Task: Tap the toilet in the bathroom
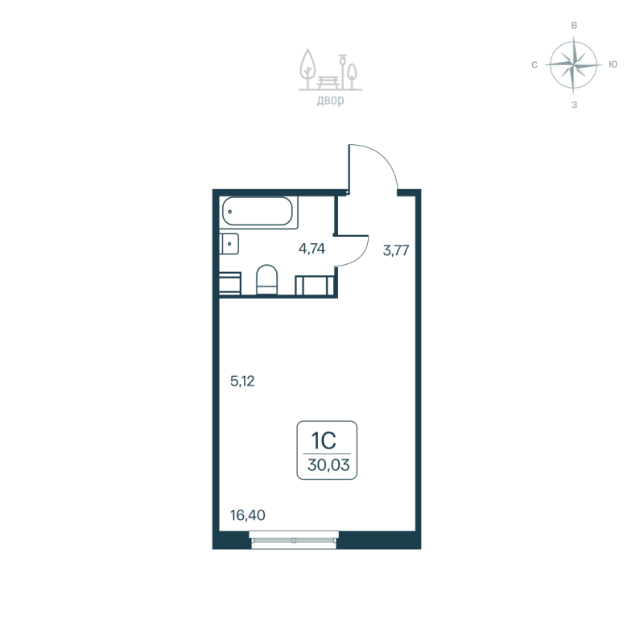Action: [266, 281]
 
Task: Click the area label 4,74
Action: [312, 249]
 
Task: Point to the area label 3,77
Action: [396, 250]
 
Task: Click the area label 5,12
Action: [242, 382]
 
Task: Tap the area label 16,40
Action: [247, 514]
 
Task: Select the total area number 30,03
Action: [327, 464]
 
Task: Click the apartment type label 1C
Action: [324, 440]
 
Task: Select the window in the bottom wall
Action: [294, 539]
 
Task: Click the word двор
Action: [330, 101]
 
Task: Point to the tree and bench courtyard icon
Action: [329, 71]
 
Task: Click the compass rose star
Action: [573, 64]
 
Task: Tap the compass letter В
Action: [574, 26]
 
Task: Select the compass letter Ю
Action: [613, 64]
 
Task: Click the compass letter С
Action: [535, 64]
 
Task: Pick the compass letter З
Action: [574, 104]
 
